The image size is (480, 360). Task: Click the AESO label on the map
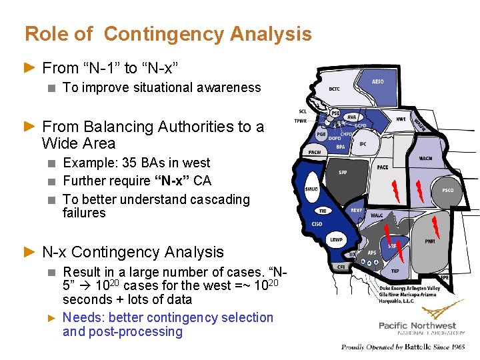coord(377,81)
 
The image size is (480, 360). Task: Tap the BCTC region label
coord(335,89)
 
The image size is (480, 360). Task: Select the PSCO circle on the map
coord(447,190)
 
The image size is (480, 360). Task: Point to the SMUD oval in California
coord(311,189)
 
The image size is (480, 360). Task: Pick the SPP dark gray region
coord(343,172)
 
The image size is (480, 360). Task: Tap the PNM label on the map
coord(430,241)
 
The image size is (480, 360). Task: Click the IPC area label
coord(363,143)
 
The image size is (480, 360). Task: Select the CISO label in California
coord(317,224)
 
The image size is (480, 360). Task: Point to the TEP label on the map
coord(395,271)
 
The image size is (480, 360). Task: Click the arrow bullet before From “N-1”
coord(29,67)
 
